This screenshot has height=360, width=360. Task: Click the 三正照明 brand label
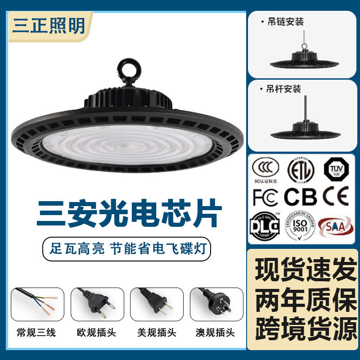pos(49,25)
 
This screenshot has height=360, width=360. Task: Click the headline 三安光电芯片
pos(129,214)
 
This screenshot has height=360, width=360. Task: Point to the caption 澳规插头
pos(216,333)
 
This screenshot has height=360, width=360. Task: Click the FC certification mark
pos(265,197)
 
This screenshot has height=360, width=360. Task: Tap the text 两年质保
pos(304,299)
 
